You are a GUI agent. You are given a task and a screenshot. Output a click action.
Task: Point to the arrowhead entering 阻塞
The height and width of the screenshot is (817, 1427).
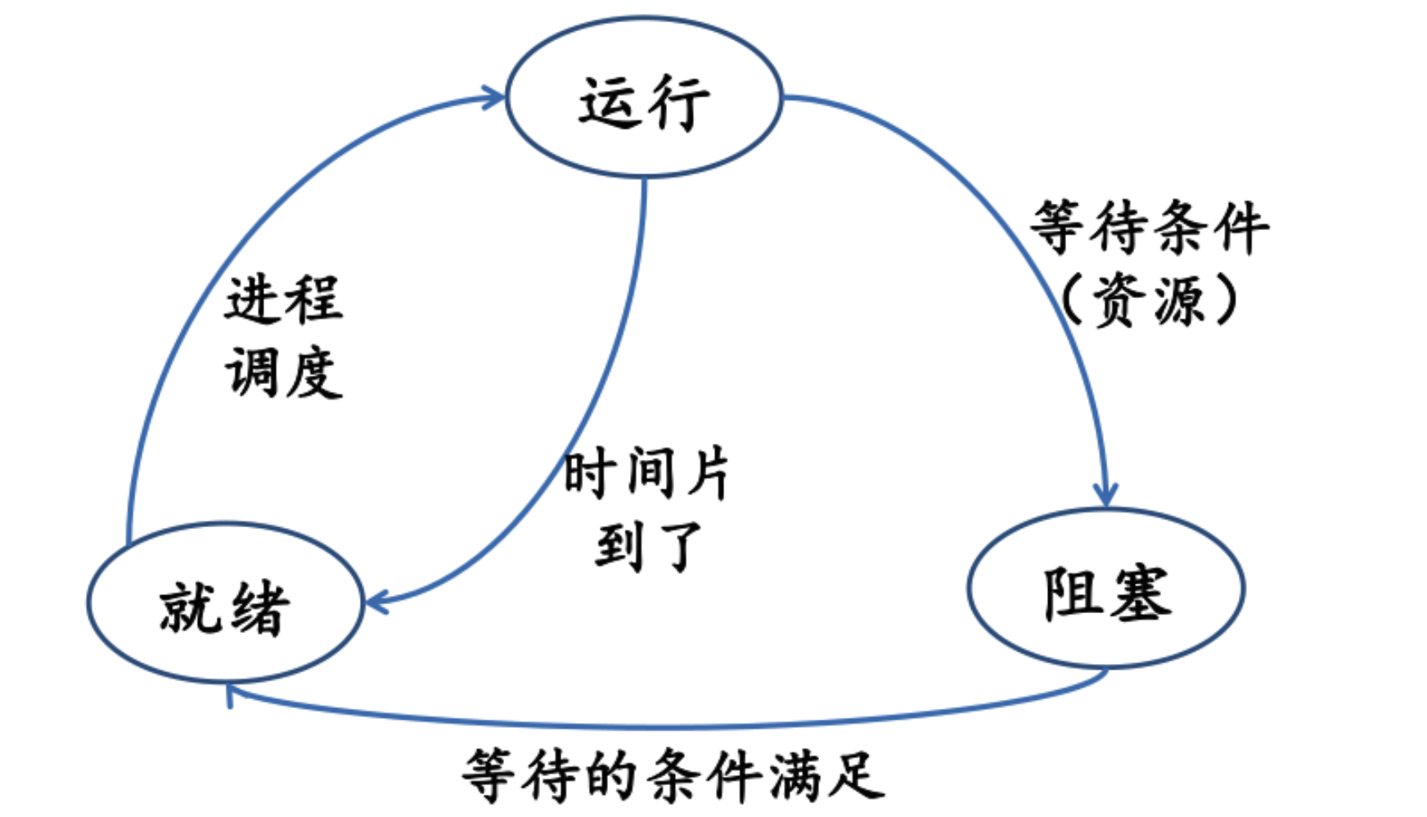1105,494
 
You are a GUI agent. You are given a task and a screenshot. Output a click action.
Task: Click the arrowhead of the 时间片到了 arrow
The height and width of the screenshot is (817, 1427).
376,603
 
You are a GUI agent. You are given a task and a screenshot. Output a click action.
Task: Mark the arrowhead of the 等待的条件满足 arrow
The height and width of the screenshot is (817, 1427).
231,694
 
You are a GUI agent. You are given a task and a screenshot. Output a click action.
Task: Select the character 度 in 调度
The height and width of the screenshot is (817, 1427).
315,372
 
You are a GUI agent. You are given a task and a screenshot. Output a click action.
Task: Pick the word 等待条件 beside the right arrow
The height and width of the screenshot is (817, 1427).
1150,227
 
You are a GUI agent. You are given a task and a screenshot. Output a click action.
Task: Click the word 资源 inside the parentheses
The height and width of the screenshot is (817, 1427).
1150,300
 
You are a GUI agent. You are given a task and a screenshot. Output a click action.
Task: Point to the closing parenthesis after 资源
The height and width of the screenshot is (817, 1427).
1224,300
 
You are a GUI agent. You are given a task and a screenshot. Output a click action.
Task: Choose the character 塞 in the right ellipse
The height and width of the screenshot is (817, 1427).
1142,593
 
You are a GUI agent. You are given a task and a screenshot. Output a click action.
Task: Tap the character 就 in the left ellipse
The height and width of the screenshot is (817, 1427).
190,607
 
